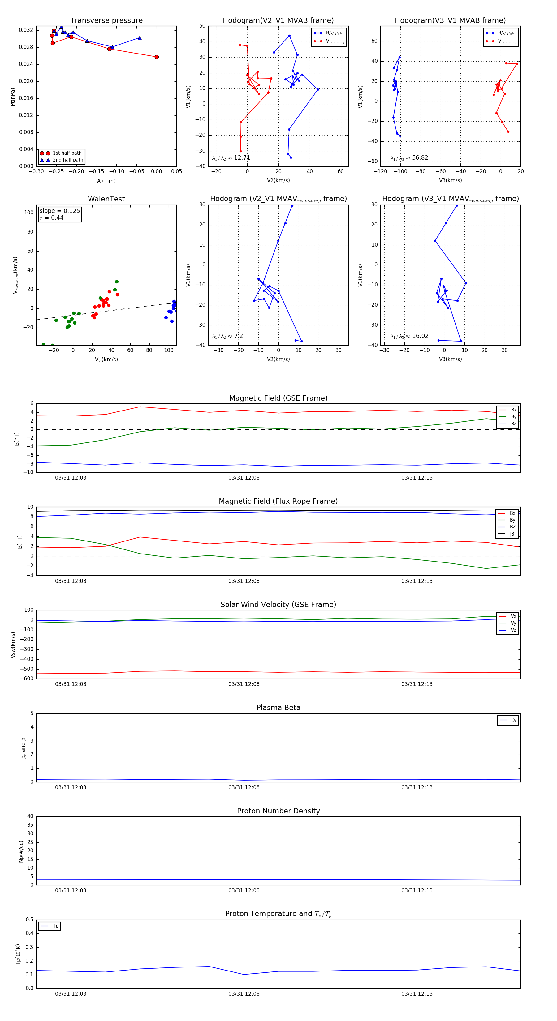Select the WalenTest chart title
pos(106,199)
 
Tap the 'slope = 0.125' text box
pos(59,211)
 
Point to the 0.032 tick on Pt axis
pos(26,30)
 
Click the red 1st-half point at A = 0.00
pos(157,57)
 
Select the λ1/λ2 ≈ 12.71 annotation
pos(231,158)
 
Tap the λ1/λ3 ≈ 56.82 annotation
pos(409,158)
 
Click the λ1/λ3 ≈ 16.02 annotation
pos(409,336)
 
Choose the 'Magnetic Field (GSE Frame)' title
pos(278,398)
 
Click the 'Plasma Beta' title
pos(278,708)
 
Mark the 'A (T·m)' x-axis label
pos(106,181)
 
